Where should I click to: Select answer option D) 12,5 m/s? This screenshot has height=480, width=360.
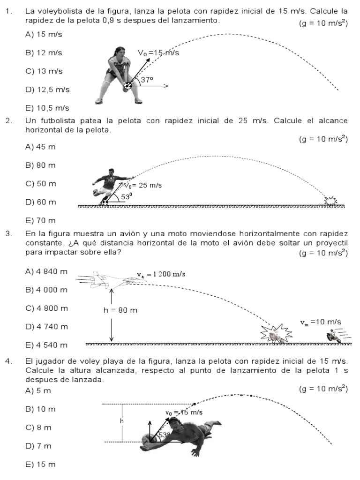[x=47, y=90]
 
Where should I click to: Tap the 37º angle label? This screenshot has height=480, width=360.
[x=147, y=80]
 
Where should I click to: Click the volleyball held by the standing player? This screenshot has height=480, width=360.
[x=127, y=86]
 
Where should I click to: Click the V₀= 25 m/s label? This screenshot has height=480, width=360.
[x=143, y=185]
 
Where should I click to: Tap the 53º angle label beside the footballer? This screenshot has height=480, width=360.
[x=127, y=197]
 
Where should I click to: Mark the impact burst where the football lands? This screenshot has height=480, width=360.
[x=331, y=201]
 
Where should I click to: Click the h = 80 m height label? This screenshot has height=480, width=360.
[x=120, y=310]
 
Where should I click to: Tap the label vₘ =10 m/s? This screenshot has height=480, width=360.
[x=321, y=322]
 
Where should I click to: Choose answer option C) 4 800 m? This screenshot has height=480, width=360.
[x=46, y=308]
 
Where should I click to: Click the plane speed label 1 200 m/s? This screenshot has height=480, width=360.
[x=161, y=274]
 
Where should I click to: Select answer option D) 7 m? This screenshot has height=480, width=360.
[x=38, y=446]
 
